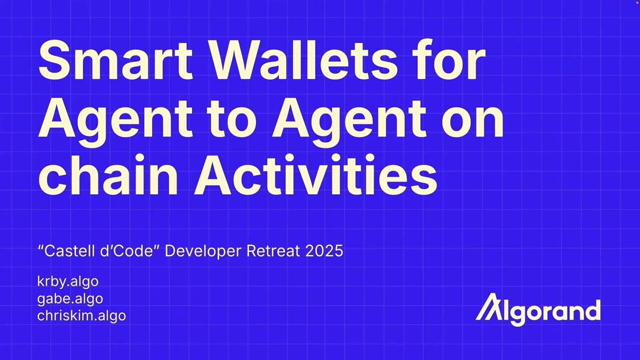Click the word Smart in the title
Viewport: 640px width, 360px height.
pyautogui.click(x=115, y=60)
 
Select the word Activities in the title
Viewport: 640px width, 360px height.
pyautogui.click(x=315, y=174)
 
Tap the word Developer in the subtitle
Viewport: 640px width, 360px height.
pyautogui.click(x=203, y=251)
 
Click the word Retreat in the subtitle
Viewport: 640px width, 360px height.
pyautogui.click(x=273, y=251)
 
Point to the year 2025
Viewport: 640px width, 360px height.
pyautogui.click(x=324, y=251)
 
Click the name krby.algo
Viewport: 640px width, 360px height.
pyautogui.click(x=68, y=282)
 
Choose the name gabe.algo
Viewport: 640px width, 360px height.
pyautogui.click(x=70, y=299)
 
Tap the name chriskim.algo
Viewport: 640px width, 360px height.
pyautogui.click(x=82, y=316)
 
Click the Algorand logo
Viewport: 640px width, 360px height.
pyautogui.click(x=538, y=310)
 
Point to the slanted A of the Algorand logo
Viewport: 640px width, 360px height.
pyautogui.click(x=489, y=307)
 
